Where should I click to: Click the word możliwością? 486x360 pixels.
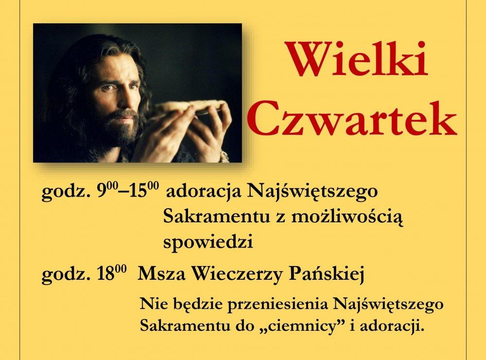point(348,217)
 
